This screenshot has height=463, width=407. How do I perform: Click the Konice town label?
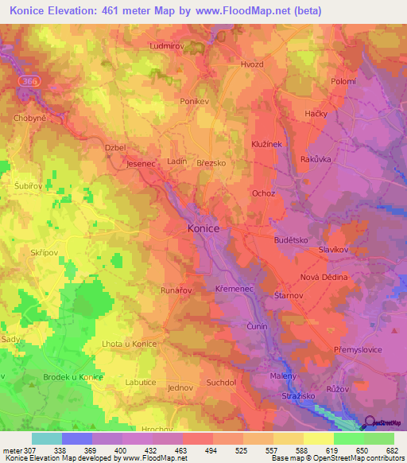click(203, 228)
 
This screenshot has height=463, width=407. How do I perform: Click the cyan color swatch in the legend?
click(46, 438)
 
